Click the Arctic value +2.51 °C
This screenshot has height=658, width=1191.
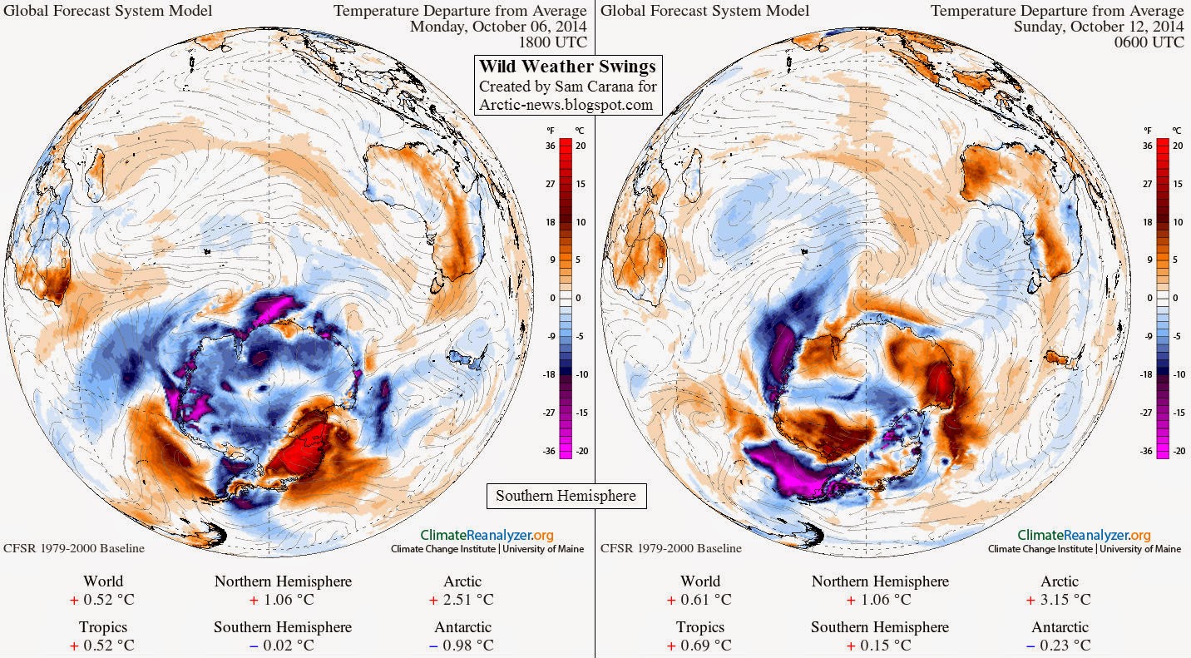[x=462, y=600]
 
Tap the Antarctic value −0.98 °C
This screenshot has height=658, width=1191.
[x=462, y=646]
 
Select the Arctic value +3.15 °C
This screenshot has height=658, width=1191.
[x=1059, y=600]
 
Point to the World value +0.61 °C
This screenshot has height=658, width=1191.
[x=699, y=600]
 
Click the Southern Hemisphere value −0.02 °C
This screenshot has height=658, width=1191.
[x=282, y=646]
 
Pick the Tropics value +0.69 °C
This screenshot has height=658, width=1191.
[x=699, y=646]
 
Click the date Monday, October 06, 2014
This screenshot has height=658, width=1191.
[x=499, y=27]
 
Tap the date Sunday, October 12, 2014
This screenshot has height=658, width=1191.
[x=1099, y=27]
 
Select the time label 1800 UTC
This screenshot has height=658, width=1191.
[x=553, y=42]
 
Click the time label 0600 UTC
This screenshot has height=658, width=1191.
[x=1149, y=42]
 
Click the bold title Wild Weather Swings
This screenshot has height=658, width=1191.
[x=567, y=67]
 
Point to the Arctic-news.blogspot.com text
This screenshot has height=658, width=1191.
[x=566, y=104]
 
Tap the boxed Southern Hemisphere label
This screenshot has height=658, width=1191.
[x=566, y=496]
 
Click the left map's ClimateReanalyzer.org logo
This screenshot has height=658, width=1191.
[x=487, y=535]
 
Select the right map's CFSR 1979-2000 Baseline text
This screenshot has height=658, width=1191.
[x=671, y=548]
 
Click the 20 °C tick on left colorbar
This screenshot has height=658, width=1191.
[x=581, y=146]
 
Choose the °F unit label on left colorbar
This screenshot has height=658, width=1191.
[x=551, y=131]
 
